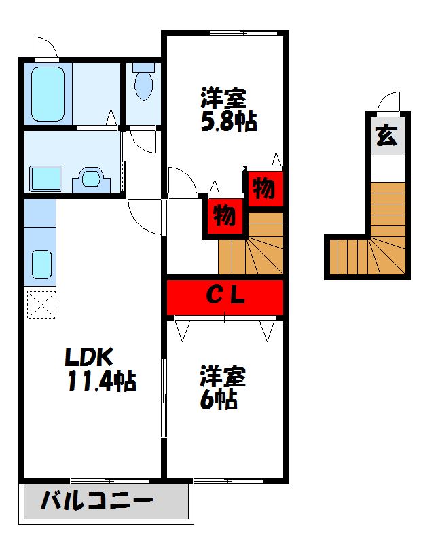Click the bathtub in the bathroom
click(48, 94)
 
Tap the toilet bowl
click(144, 86)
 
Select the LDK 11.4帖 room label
click(100, 369)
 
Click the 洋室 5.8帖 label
click(228, 110)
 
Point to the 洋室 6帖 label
click(223, 388)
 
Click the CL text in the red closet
click(225, 295)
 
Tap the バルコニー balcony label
click(96, 501)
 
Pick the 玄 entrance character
click(386, 136)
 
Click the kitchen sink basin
click(41, 264)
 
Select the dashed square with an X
click(41, 305)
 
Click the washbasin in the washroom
click(91, 179)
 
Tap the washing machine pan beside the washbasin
click(45, 179)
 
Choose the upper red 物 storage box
click(265, 188)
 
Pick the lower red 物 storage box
click(225, 216)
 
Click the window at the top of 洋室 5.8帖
click(243, 33)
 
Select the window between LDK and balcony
click(110, 481)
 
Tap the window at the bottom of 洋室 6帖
click(228, 481)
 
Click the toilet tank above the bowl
click(144, 67)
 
